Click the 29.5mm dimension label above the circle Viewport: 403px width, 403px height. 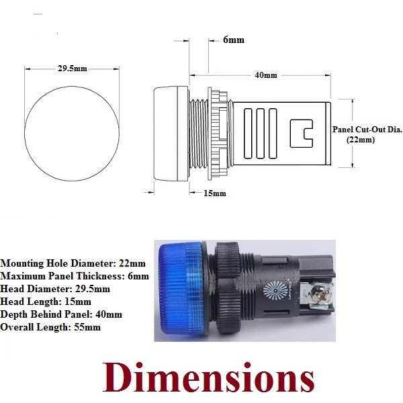pos(72,69)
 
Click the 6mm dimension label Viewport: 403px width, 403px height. pos(233,40)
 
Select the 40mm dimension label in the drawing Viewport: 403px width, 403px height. pos(266,75)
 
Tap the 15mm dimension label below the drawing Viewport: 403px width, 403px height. pos(214,193)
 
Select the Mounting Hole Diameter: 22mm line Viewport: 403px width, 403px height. pos(73,263)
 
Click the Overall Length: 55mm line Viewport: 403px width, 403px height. pos(50,327)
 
